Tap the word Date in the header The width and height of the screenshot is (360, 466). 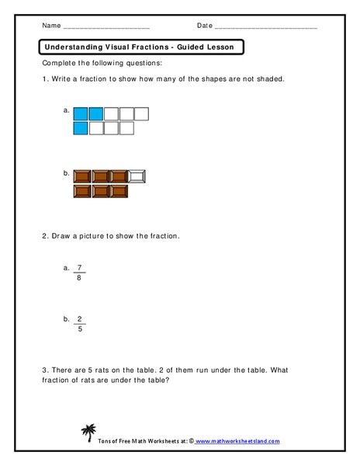[204, 25]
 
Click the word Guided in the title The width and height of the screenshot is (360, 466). [180, 47]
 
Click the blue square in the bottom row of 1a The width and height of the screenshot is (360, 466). [80, 128]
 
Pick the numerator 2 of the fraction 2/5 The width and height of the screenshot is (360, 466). [79, 318]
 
